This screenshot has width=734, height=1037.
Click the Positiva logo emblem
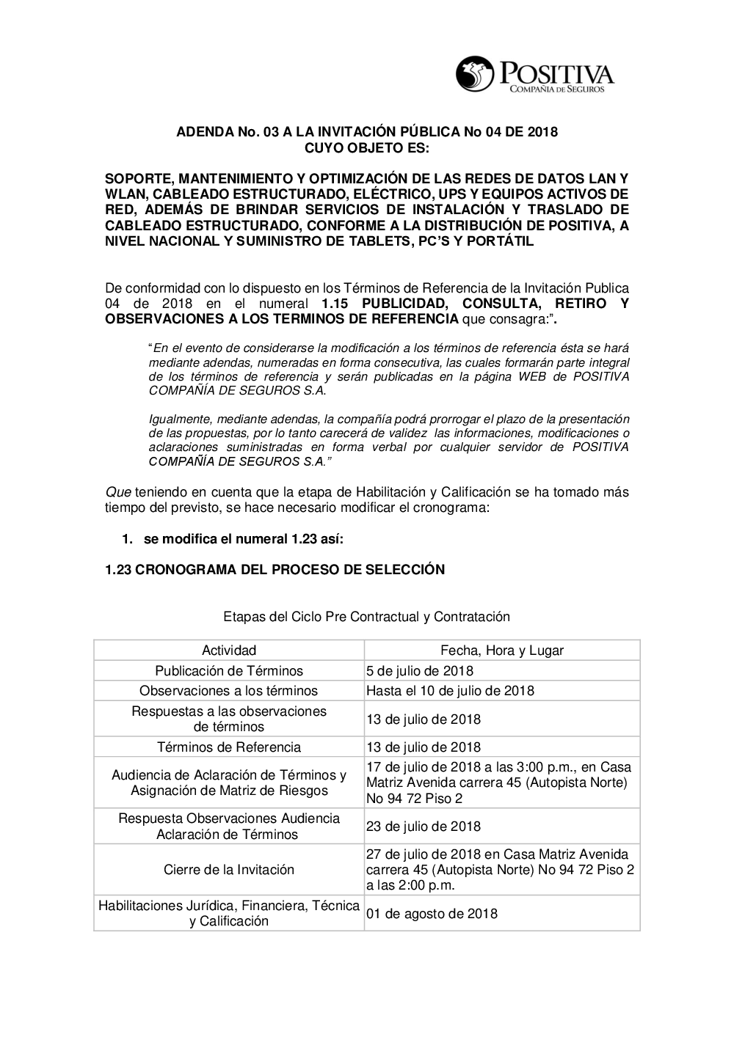(476, 73)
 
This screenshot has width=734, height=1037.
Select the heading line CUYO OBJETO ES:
(367, 147)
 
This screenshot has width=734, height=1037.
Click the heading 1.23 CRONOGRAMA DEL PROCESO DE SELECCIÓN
(275, 569)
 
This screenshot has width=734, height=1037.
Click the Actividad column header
(229, 650)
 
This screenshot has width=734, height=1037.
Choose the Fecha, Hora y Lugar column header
(502, 650)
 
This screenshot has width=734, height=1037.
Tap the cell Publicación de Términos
(229, 670)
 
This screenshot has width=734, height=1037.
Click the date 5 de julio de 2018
(420, 670)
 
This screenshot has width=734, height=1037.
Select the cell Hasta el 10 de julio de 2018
(450, 691)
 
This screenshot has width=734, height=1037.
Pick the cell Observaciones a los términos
(229, 691)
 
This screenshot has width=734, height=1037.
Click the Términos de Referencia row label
(229, 747)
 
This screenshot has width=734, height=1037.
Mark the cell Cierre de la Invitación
(229, 870)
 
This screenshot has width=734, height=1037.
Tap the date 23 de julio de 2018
(424, 827)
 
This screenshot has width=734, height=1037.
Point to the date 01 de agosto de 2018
(432, 914)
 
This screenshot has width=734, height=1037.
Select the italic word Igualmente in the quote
(179, 419)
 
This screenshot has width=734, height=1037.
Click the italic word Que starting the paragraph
(117, 492)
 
